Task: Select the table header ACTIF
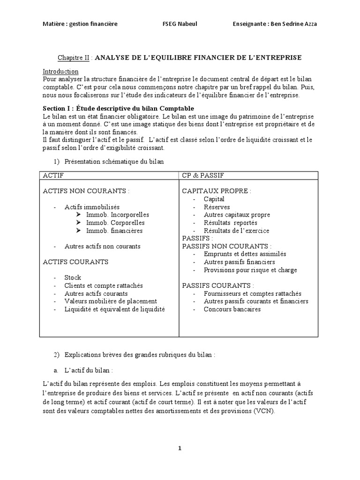tap(53, 176)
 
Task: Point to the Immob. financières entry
tap(114, 231)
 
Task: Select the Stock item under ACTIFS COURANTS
tap(73, 277)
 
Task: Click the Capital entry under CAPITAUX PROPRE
tap(214, 199)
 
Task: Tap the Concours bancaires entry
tap(232, 309)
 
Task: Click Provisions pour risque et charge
tap(250, 270)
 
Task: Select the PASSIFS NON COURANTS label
tap(226, 246)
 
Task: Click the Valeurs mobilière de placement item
tap(111, 301)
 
